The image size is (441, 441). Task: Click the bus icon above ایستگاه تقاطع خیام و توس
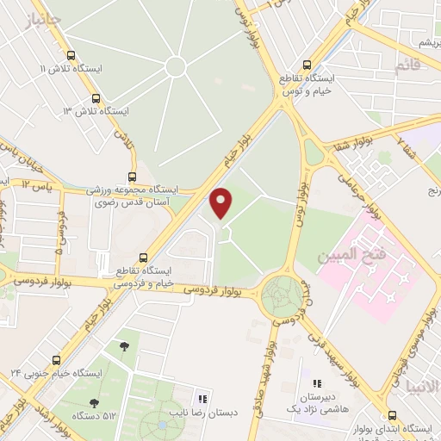[x=307, y=64]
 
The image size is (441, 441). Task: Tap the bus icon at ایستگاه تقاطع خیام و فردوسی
[x=143, y=257]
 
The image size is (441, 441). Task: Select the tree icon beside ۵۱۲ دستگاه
[x=93, y=402]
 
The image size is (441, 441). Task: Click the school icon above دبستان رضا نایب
[x=203, y=399]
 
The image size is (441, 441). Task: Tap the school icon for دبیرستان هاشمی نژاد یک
[x=316, y=383]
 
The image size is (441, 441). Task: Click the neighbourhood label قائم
[x=406, y=65]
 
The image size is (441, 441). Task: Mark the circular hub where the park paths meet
[x=176, y=66]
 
